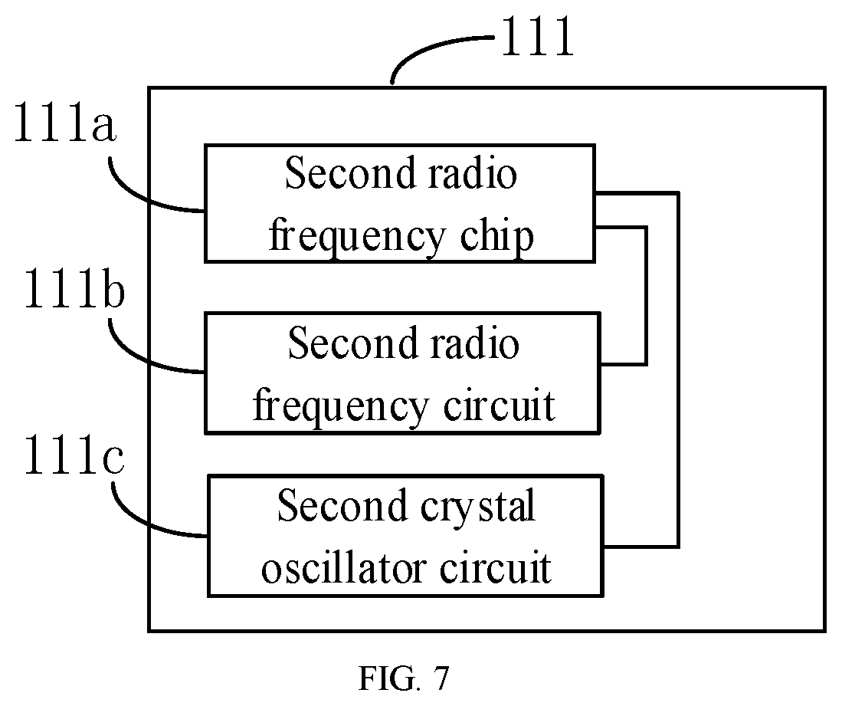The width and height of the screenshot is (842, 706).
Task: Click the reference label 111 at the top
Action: [538, 37]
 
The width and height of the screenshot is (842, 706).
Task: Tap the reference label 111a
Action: [64, 123]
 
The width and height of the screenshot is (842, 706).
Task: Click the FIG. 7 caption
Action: [403, 678]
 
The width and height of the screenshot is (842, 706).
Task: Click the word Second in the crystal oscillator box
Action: [342, 506]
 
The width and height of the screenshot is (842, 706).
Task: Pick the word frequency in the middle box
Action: [340, 407]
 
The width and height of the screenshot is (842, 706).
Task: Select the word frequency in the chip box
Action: [357, 238]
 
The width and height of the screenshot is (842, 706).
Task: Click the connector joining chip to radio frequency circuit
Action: [646, 296]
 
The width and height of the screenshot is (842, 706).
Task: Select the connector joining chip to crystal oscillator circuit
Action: [679, 369]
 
